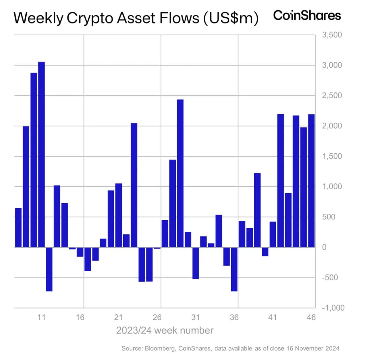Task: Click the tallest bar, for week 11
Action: (x=41, y=154)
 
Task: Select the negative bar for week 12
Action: (x=49, y=269)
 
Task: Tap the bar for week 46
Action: (x=311, y=180)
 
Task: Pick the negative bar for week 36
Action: (x=234, y=269)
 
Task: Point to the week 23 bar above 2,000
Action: (x=134, y=185)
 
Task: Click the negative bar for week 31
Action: (x=196, y=263)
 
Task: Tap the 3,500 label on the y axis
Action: (x=332, y=35)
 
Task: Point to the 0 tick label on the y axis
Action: (x=324, y=247)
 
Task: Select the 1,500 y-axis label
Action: (x=332, y=156)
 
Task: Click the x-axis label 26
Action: (x=157, y=317)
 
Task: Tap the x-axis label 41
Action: (x=272, y=317)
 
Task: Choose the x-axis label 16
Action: (x=80, y=317)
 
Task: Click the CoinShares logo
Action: (x=307, y=15)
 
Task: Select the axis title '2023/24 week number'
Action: (x=165, y=330)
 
